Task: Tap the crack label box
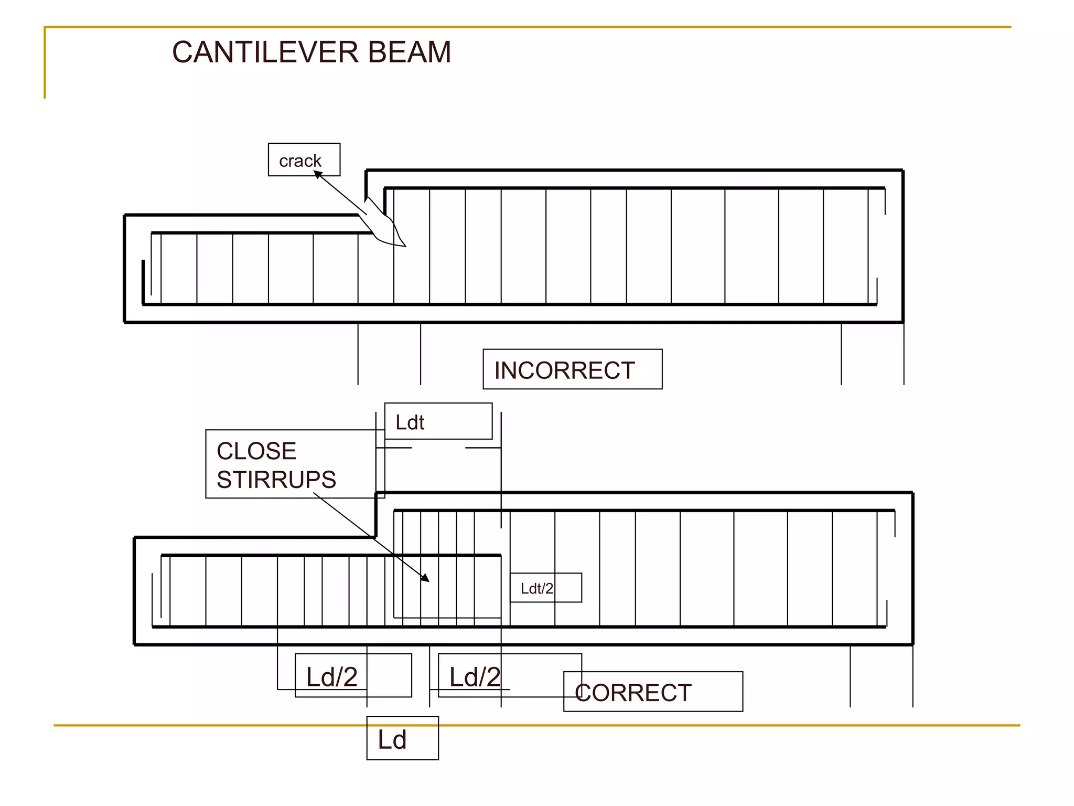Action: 304,160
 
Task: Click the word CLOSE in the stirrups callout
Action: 256,451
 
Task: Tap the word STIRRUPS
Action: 276,480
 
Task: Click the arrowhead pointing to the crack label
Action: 317,174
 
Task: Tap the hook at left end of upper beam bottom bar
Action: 143,281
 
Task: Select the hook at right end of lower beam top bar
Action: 895,523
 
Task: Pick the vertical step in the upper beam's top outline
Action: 367,184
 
